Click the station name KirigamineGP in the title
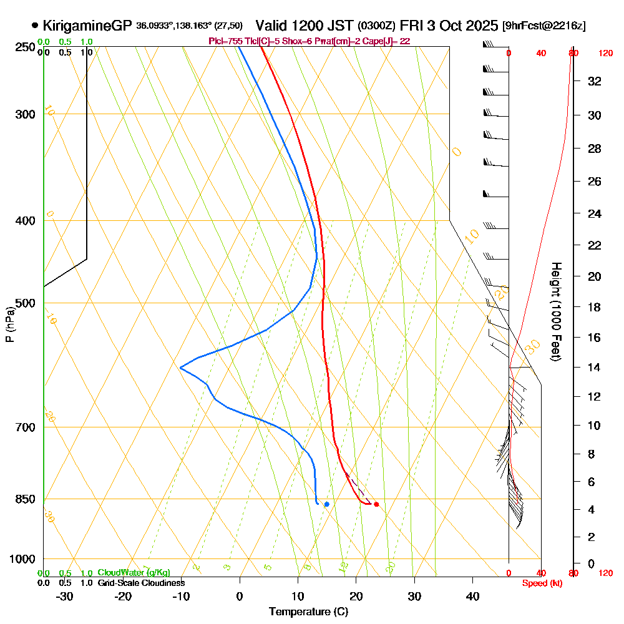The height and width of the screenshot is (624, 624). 87,26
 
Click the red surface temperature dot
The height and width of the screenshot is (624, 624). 376,504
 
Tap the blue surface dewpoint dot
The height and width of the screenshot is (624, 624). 326,504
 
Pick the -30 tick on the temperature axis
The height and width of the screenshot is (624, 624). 65,596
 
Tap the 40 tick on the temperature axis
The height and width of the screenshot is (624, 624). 472,596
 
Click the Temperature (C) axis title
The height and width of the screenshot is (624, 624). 308,612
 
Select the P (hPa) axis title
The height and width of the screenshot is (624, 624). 9,324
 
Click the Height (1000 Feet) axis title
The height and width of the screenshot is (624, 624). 554,311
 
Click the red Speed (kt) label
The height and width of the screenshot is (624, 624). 541,583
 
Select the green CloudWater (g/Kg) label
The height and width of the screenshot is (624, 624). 134,573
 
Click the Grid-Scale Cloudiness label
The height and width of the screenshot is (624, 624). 141,583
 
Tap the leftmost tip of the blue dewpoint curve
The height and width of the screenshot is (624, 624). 180,368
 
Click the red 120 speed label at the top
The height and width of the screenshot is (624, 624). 605,54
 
